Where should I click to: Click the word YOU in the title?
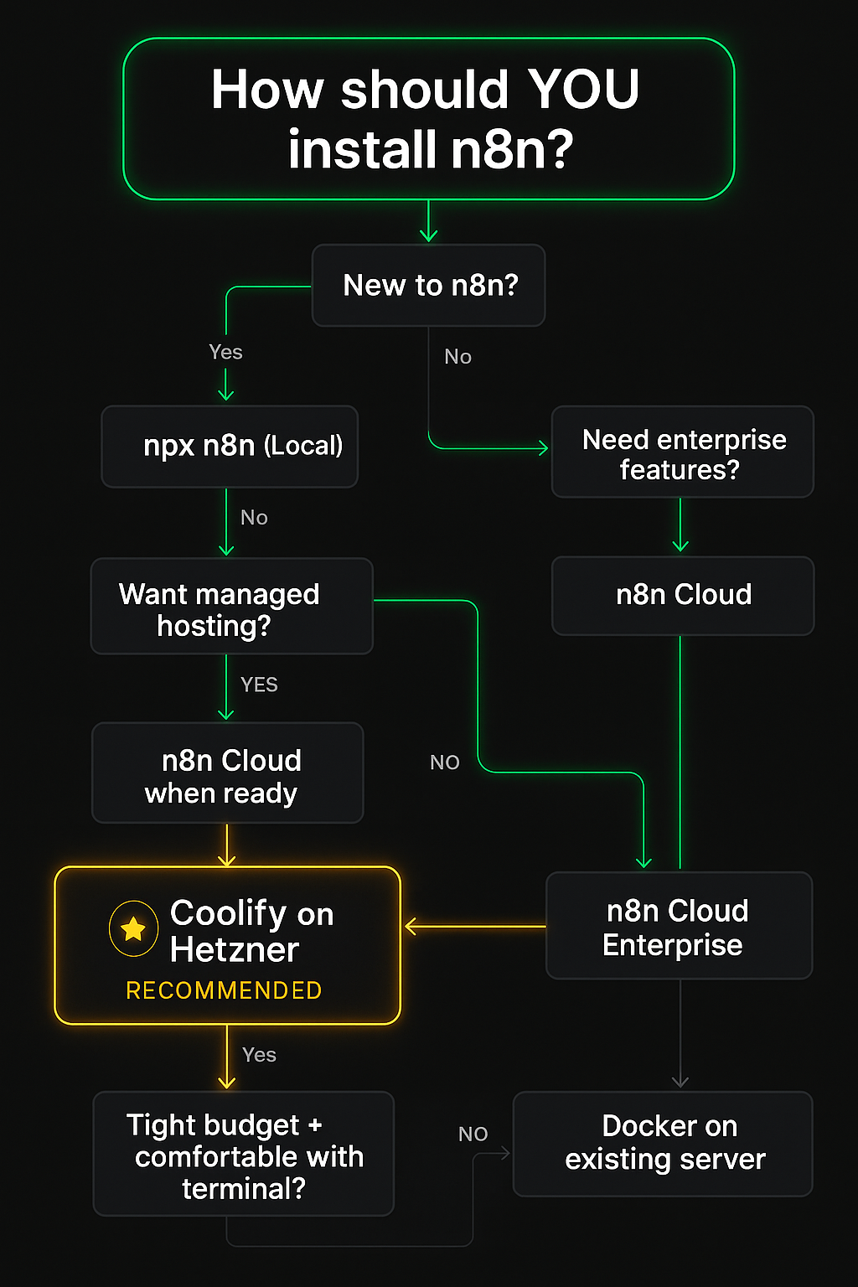[x=583, y=89]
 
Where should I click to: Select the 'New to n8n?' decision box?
[x=428, y=286]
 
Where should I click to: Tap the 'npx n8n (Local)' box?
[x=230, y=447]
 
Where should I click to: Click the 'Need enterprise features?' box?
[x=682, y=452]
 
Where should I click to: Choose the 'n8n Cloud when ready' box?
[x=227, y=773]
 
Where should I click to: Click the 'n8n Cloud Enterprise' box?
[x=679, y=926]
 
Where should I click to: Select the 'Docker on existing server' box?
[x=663, y=1144]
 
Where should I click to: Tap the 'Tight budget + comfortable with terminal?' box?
[x=243, y=1154]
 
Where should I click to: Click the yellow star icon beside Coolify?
[x=133, y=928]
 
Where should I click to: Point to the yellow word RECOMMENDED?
[x=224, y=990]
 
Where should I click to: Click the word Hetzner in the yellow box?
[x=235, y=950]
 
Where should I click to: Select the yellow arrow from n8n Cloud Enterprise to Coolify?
[x=474, y=926]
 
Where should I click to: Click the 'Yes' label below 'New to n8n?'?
[x=225, y=352]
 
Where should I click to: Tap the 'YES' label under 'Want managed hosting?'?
[x=259, y=685]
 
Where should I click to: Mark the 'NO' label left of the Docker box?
[x=473, y=1134]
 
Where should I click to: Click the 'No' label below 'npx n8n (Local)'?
[x=254, y=518]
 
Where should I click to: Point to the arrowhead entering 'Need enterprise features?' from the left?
[x=543, y=448]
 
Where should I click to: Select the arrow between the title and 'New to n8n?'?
[x=428, y=222]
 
